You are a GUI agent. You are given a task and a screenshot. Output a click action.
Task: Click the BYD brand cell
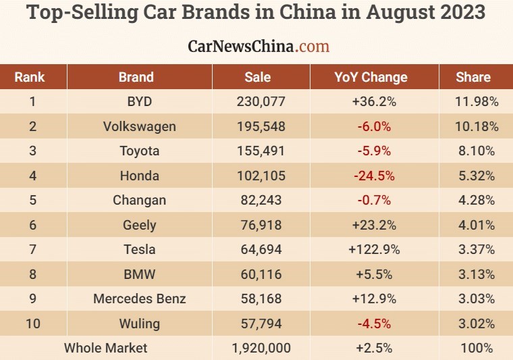pyautogui.click(x=139, y=102)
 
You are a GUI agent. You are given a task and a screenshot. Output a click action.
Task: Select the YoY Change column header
pyautogui.click(x=371, y=77)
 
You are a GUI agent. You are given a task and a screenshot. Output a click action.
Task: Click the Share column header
pyautogui.click(x=473, y=77)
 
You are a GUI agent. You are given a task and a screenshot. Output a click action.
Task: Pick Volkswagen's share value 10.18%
pyautogui.click(x=475, y=126)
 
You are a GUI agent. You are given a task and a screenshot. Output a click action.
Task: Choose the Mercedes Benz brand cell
pyautogui.click(x=139, y=299)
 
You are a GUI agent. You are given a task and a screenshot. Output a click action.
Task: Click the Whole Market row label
pyautogui.click(x=105, y=349)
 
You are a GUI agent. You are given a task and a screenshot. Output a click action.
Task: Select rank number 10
pyautogui.click(x=32, y=324)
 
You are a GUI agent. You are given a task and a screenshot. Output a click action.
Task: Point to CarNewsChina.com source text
pyautogui.click(x=259, y=46)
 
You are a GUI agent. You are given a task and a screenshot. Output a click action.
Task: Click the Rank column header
pyautogui.click(x=29, y=77)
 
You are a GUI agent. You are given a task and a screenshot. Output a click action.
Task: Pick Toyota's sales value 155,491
pyautogui.click(x=261, y=151)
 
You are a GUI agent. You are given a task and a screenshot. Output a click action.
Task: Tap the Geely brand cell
pyautogui.click(x=139, y=225)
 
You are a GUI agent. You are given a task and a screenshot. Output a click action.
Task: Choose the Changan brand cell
pyautogui.click(x=139, y=201)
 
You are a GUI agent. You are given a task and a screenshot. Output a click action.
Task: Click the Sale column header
pyautogui.click(x=258, y=77)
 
